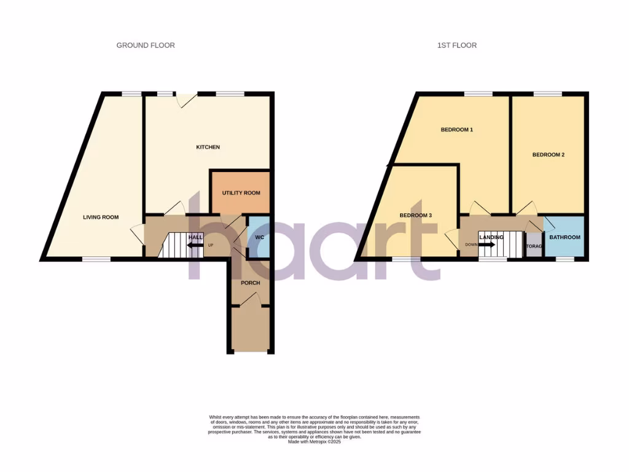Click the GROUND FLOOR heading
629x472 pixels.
[146, 45]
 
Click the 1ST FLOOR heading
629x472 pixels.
[456, 45]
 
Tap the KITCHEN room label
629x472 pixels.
[208, 147]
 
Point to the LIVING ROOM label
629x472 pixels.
[101, 217]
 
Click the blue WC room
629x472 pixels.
[259, 237]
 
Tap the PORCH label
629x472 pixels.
[251, 283]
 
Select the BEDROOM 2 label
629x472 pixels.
[548, 155]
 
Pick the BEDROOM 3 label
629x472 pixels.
[416, 216]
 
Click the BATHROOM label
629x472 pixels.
[564, 237]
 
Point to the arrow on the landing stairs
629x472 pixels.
[486, 245]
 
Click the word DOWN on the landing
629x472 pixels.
[471, 245]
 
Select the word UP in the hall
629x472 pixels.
[211, 245]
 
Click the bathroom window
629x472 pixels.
[565, 259]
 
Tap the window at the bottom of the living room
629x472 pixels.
[96, 259]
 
